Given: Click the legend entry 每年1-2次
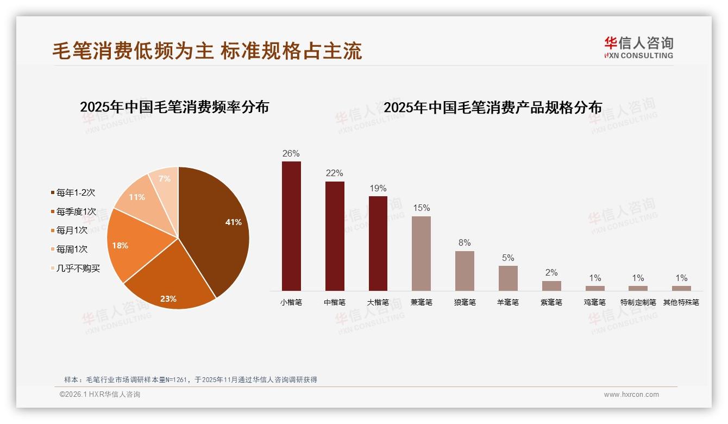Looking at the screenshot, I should pos(76,192).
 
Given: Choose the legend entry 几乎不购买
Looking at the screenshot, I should pos(78,269).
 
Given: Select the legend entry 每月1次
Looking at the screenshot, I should pos(72,230).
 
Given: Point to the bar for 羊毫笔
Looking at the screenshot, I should pos(508,278).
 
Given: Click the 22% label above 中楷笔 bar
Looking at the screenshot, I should pos(335,173).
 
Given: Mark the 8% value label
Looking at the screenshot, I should pos(465,243).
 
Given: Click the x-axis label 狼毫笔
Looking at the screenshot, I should pos(465,302).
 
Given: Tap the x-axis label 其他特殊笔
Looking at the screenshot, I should pos(681,302).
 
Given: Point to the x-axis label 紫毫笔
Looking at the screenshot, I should pos(551,302).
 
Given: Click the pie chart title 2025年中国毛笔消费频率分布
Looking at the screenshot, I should pos(174,107).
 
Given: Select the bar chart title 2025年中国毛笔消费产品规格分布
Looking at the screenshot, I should pos(493,108).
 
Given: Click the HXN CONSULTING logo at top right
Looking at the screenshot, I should pos(638,48).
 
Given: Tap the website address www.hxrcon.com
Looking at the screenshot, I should pos(631,395).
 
